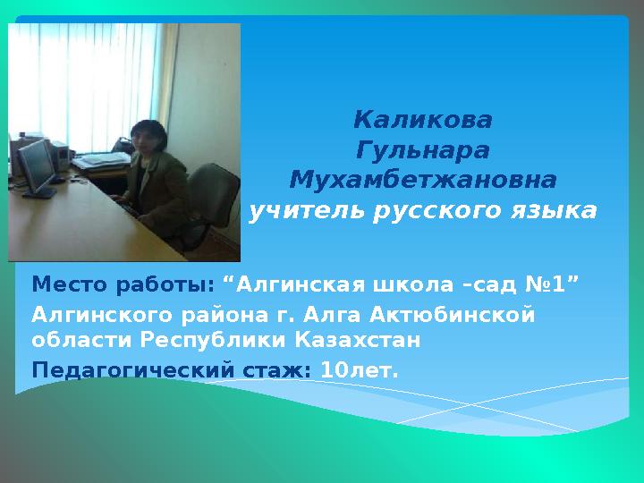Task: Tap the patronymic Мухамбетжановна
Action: (422, 181)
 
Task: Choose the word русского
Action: (434, 212)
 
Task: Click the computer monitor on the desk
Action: (38, 165)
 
